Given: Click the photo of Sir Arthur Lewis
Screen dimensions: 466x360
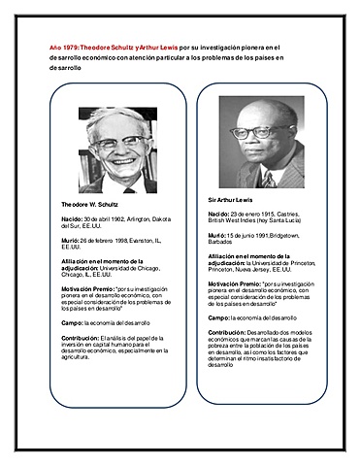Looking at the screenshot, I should (x=261, y=141).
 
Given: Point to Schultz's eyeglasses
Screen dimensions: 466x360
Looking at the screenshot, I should (x=120, y=142).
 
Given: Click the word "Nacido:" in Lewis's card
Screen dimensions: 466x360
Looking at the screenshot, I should (x=219, y=213).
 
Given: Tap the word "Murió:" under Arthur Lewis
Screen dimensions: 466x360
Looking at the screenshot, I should (x=217, y=236).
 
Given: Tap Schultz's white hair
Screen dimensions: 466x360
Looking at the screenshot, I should (x=120, y=118).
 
